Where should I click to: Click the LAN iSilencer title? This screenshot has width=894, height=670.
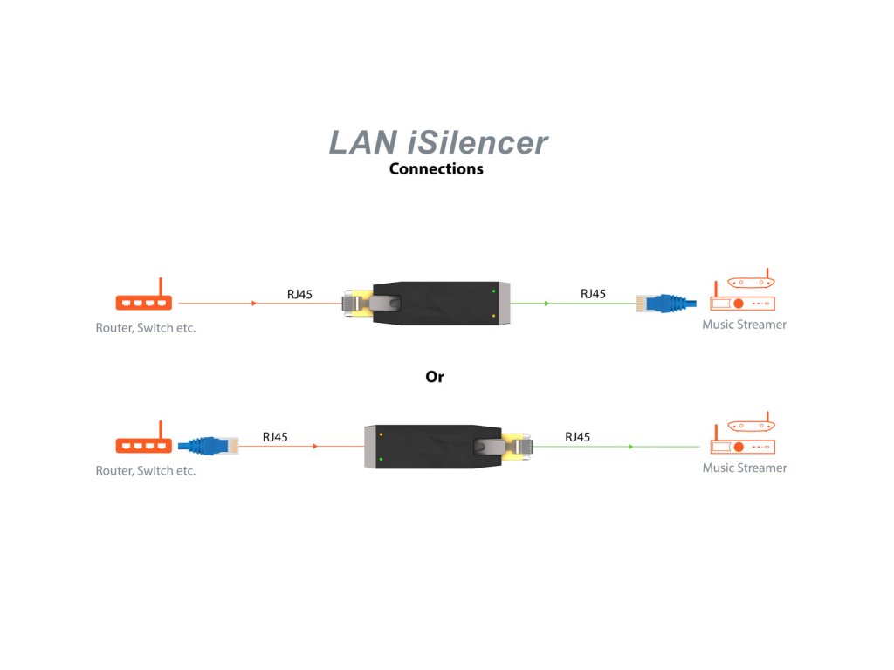[438, 142]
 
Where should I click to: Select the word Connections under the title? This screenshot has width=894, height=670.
[437, 168]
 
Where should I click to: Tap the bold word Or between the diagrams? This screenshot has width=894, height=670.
[435, 377]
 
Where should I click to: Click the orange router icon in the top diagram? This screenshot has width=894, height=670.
[144, 294]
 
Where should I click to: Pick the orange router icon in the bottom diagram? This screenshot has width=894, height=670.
[144, 437]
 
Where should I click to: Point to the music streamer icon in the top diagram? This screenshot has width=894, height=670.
[742, 290]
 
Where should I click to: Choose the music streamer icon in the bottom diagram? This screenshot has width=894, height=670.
[742, 433]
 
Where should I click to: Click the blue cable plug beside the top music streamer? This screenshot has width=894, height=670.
[666, 303]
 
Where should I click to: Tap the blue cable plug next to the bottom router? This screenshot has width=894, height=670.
[208, 446]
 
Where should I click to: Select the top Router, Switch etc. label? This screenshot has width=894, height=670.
[146, 328]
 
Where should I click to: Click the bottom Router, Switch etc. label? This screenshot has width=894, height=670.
[146, 471]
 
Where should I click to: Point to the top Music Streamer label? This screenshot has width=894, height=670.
[744, 325]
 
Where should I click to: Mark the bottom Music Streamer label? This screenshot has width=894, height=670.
[744, 468]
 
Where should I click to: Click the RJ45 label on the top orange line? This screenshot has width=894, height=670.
[299, 295]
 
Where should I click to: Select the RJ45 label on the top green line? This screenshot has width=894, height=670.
[593, 294]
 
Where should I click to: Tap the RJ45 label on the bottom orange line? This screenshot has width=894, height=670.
[275, 437]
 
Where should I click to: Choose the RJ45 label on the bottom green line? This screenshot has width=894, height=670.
[578, 437]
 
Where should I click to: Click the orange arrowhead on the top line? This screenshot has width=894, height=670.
[254, 303]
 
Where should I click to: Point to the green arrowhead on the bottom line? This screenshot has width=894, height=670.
[631, 447]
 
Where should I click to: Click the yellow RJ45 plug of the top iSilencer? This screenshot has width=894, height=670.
[358, 303]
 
